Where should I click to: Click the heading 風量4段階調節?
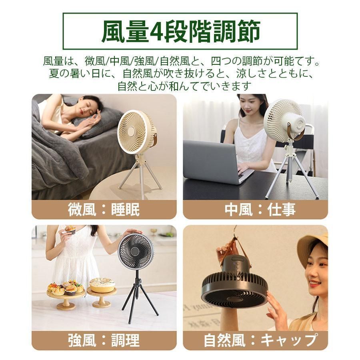[x=180, y=31]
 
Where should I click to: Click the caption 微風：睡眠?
[x=104, y=210]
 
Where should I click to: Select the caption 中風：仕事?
[x=255, y=210]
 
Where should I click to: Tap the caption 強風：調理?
[x=104, y=340]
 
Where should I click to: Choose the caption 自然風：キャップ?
[x=255, y=340]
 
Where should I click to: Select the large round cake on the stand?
[x=102, y=285]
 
